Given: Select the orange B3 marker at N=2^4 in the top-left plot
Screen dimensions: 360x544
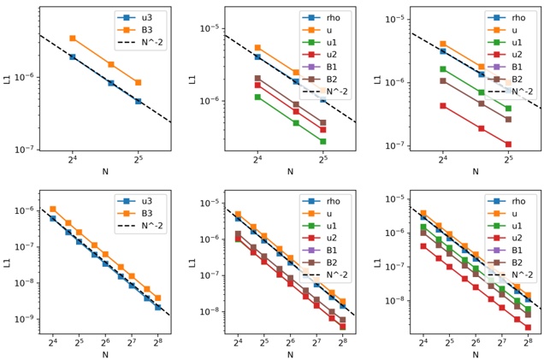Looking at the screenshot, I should (x=73, y=38).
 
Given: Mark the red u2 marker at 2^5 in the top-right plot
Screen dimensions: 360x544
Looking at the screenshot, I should (x=508, y=144).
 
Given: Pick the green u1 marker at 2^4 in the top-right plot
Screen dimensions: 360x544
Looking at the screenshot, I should (x=443, y=69).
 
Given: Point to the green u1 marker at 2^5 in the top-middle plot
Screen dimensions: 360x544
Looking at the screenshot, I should (x=322, y=141).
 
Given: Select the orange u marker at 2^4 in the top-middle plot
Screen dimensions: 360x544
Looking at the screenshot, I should (x=257, y=48).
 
